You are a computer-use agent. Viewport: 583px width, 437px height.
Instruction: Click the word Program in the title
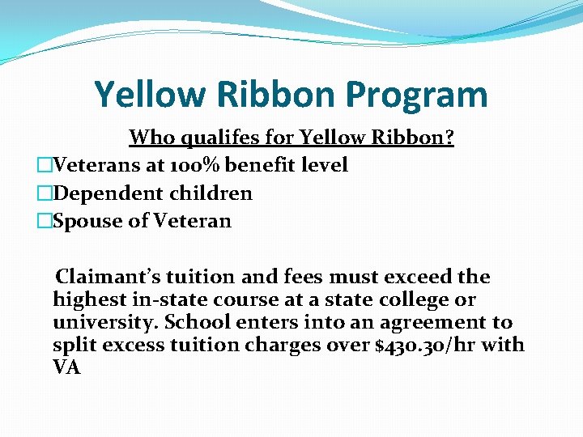click(x=418, y=95)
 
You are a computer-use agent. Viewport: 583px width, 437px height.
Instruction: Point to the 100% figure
click(x=198, y=165)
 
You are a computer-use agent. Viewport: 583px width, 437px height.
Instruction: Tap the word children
click(x=212, y=193)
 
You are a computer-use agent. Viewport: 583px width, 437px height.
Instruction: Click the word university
click(x=105, y=322)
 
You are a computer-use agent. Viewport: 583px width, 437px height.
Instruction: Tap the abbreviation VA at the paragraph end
click(x=67, y=367)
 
